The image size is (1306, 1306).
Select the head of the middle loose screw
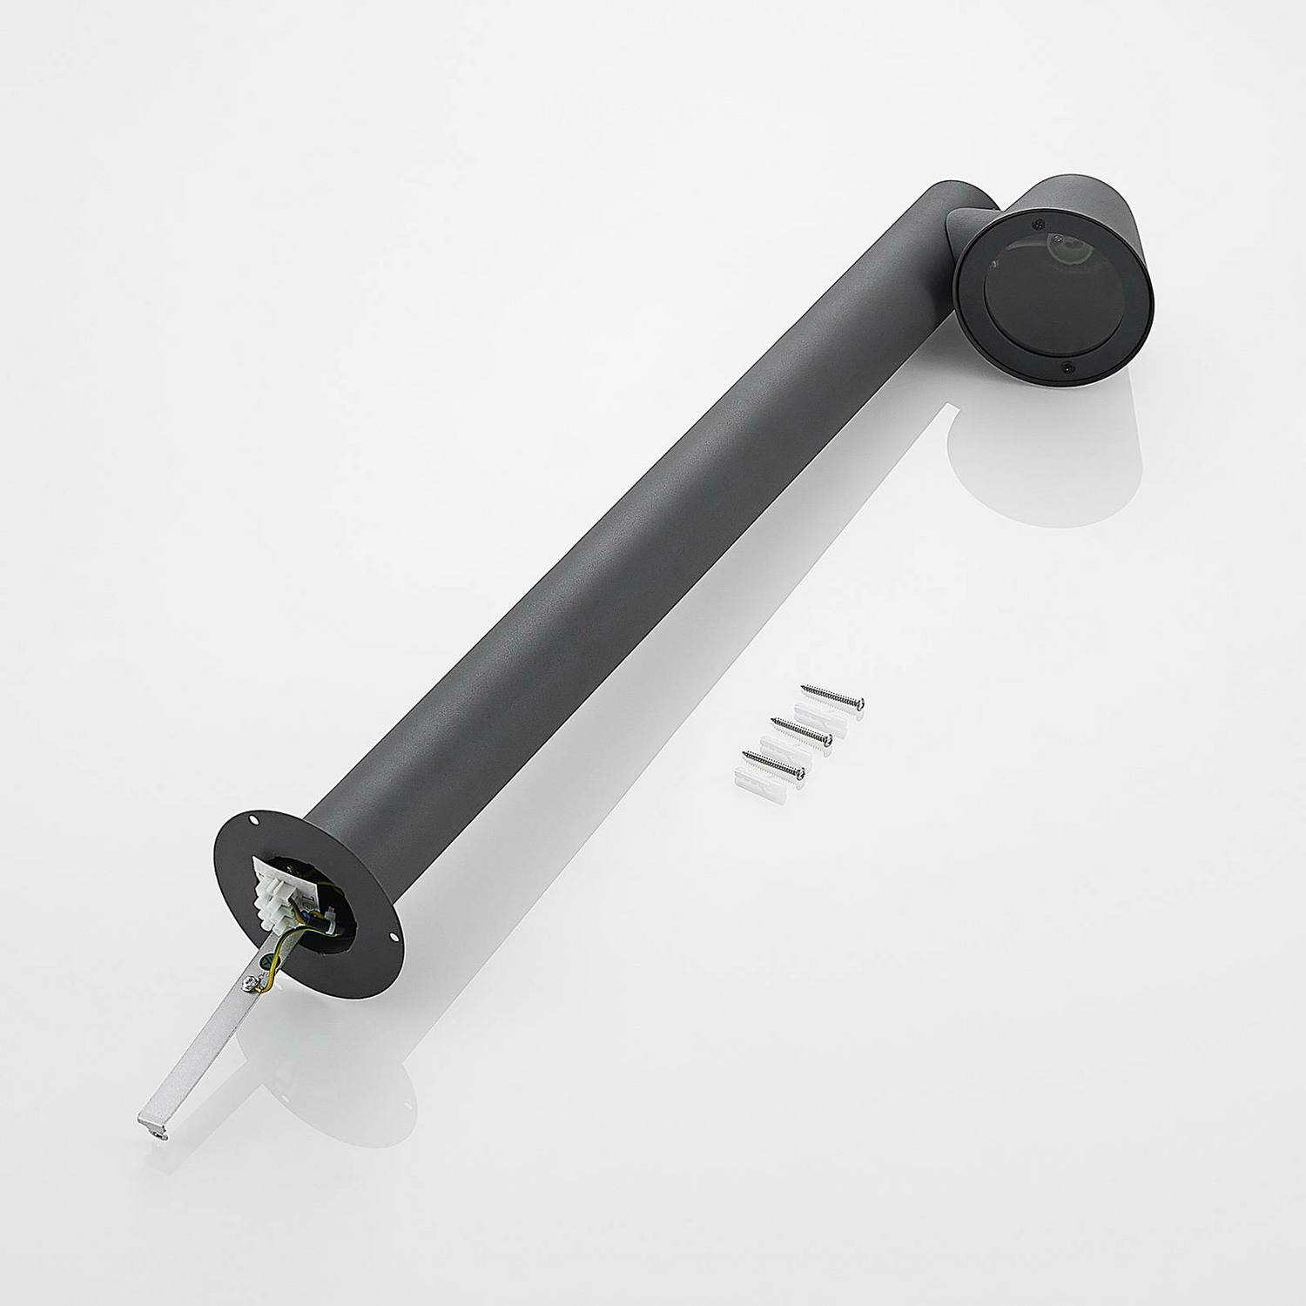[828, 739]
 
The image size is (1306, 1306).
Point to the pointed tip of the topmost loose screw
[804, 689]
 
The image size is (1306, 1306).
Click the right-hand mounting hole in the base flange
[394, 939]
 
